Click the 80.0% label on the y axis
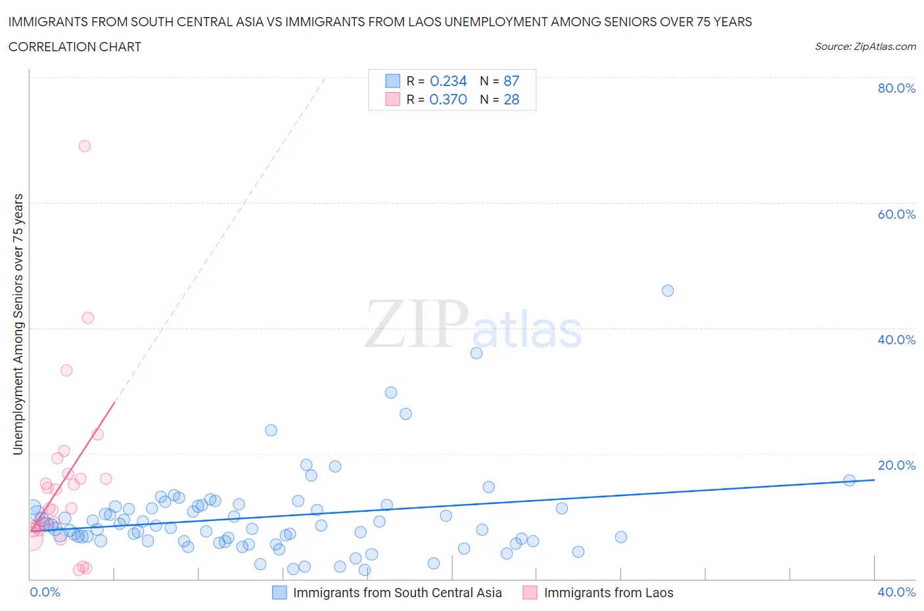tap(896, 88)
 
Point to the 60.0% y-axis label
tap(896, 214)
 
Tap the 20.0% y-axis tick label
tap(896, 465)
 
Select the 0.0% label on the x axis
tap(45, 592)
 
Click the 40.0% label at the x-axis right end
tap(896, 592)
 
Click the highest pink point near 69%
tap(84, 146)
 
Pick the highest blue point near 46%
tap(668, 290)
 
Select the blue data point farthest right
tap(849, 480)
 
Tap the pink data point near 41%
tap(87, 317)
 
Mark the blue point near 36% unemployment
tap(476, 353)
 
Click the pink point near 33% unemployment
tap(66, 370)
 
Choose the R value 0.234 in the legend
tap(448, 81)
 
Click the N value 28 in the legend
tap(511, 99)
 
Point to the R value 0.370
tap(448, 99)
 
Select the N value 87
tap(511, 81)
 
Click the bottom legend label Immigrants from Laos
tap(609, 593)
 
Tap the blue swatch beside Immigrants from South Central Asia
tap(279, 593)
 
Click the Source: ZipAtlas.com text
tap(865, 46)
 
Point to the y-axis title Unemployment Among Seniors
tap(18, 324)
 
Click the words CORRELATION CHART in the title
tap(75, 47)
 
